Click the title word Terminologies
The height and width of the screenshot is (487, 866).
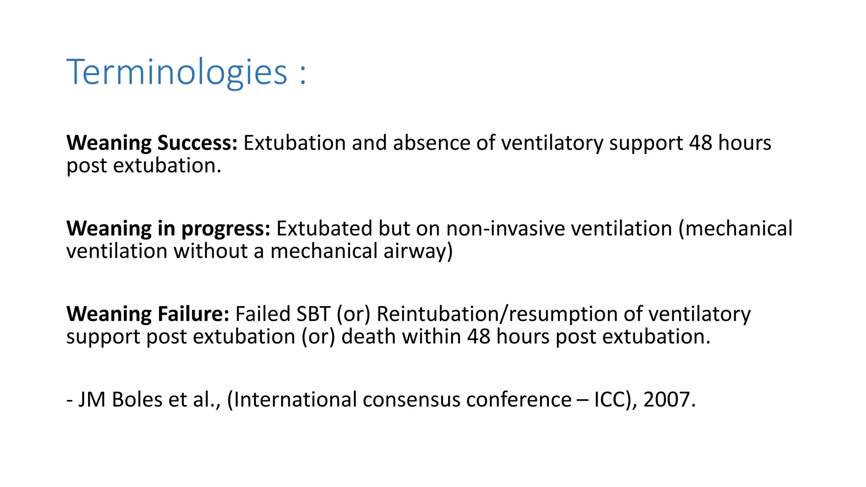pyautogui.click(x=177, y=72)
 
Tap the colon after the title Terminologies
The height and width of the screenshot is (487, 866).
pyautogui.click(x=303, y=74)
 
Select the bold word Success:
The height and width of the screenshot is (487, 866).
pyautogui.click(x=197, y=143)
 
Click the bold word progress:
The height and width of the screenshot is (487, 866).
pyautogui.click(x=225, y=228)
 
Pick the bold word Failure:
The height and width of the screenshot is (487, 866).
pyautogui.click(x=193, y=314)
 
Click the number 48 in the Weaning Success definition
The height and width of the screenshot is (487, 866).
pyautogui.click(x=700, y=143)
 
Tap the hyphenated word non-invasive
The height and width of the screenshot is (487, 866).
pyautogui.click(x=506, y=228)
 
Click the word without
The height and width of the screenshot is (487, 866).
pyautogui.click(x=210, y=251)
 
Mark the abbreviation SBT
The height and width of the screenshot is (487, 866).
pyautogui.click(x=313, y=314)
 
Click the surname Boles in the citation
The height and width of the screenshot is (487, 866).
pyautogui.click(x=137, y=399)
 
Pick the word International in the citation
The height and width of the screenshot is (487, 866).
pyautogui.click(x=295, y=399)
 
